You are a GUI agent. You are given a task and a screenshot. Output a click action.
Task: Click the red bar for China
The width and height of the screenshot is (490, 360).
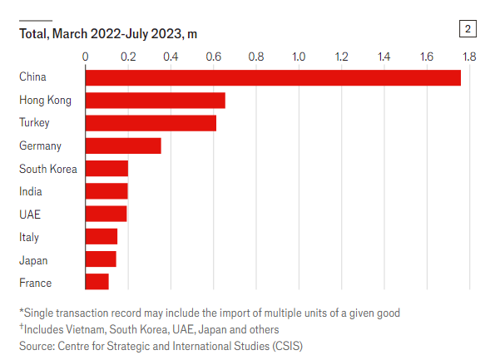click(273, 78)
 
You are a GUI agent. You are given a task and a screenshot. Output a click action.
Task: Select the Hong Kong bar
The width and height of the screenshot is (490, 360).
click(156, 101)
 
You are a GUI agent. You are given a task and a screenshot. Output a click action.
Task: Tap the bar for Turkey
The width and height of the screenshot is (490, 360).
click(151, 123)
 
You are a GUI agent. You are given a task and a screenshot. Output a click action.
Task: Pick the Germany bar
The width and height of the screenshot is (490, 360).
click(123, 145)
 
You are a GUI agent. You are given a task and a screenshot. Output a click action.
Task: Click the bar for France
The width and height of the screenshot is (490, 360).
click(97, 282)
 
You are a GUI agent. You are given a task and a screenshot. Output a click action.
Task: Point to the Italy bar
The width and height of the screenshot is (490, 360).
click(101, 236)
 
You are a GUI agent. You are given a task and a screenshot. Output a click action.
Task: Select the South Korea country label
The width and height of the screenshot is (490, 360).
click(48, 169)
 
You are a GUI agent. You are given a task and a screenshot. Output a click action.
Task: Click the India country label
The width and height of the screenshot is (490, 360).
click(31, 191)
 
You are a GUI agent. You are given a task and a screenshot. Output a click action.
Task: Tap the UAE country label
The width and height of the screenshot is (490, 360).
click(30, 215)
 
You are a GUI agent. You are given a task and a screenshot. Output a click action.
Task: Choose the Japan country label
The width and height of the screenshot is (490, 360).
click(33, 260)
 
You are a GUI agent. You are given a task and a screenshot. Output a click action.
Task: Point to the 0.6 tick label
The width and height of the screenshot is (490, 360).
click(214, 57)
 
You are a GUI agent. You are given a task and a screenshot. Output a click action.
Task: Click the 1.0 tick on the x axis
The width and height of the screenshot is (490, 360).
click(299, 57)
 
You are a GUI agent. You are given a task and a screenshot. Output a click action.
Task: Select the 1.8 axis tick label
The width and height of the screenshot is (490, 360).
click(469, 57)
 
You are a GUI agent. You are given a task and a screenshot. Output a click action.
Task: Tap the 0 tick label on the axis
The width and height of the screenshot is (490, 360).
click(86, 57)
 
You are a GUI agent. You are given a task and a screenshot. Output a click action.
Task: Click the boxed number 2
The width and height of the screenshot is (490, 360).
click(468, 29)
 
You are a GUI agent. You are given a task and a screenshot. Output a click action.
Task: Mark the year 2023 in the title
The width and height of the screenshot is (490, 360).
click(166, 34)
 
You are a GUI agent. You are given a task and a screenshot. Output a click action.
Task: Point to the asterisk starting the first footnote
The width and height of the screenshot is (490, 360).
click(22, 310)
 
